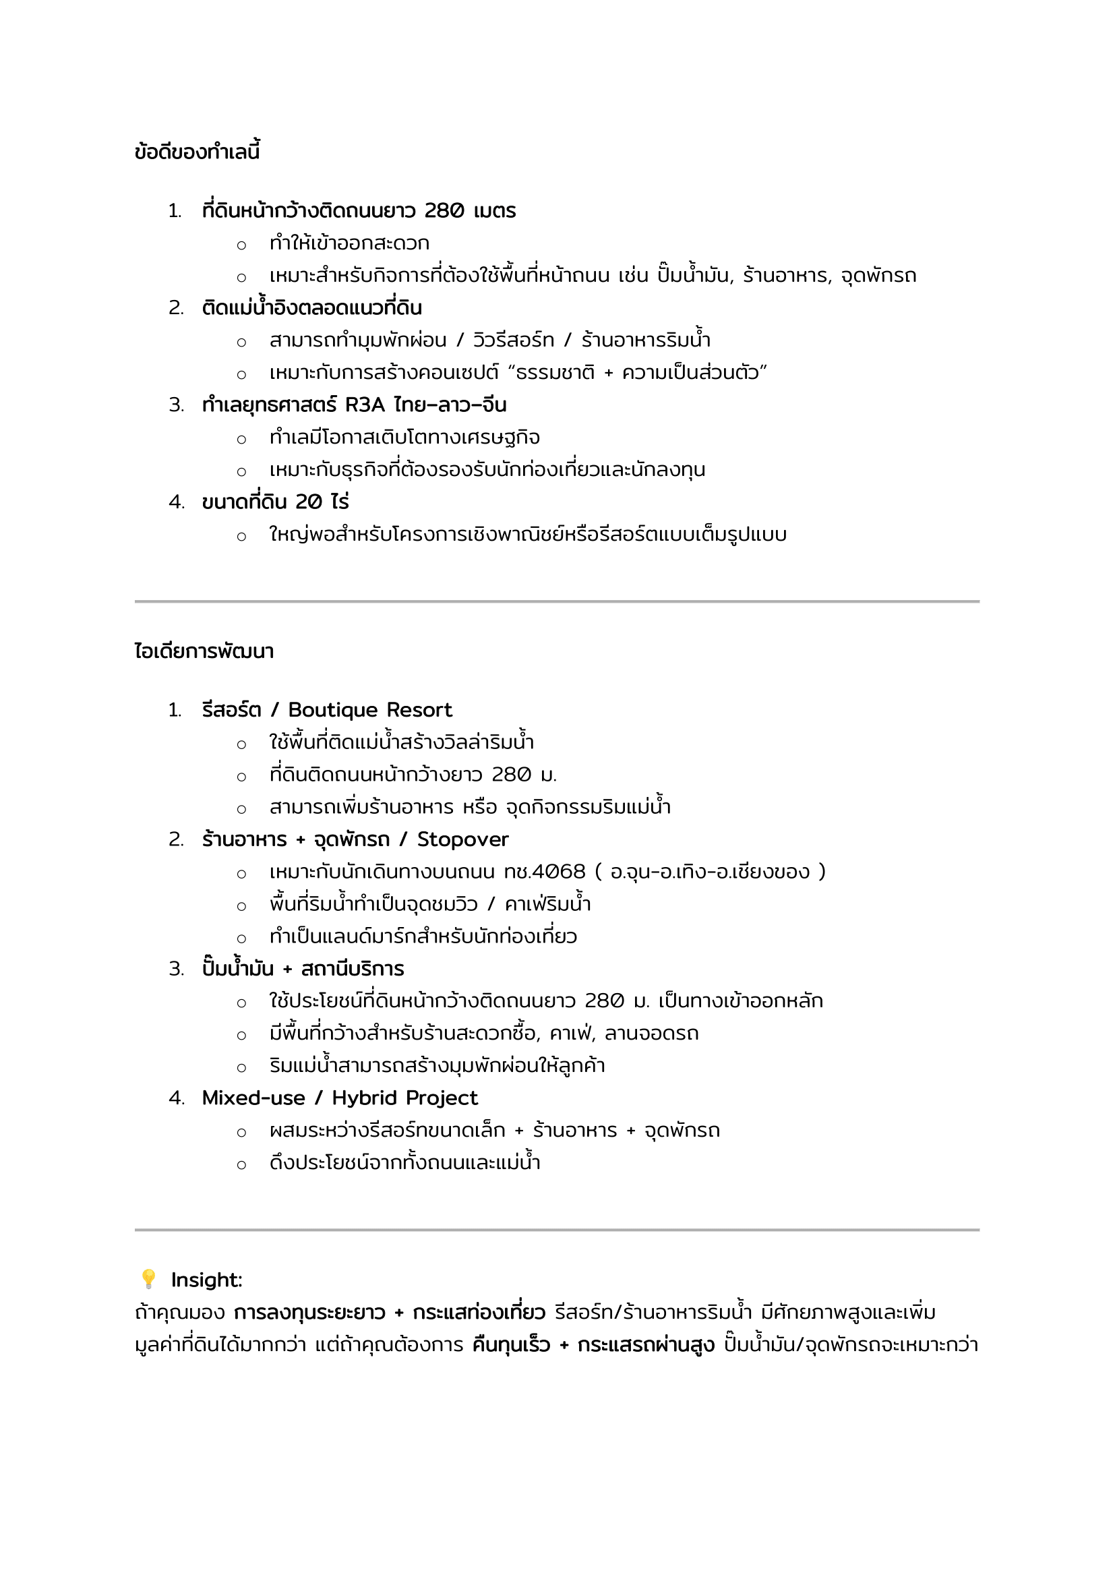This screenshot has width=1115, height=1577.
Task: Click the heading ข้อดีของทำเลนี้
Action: tap(197, 152)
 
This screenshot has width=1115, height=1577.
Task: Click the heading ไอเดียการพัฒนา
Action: tap(204, 651)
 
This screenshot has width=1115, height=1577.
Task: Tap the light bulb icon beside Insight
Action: tap(148, 1279)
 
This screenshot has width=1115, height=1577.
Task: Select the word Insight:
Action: tap(207, 1280)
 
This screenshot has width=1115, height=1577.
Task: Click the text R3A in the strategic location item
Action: tap(365, 405)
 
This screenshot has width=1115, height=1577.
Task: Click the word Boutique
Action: tap(333, 709)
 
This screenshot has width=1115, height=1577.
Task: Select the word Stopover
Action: tap(462, 839)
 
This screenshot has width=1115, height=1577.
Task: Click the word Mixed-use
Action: tap(253, 1098)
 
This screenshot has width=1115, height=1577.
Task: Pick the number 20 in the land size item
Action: tap(309, 502)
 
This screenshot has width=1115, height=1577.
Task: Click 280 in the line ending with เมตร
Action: tap(444, 211)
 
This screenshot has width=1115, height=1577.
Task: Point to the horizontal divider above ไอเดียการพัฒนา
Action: tap(557, 601)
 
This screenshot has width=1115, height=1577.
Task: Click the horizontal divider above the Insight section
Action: tap(557, 1230)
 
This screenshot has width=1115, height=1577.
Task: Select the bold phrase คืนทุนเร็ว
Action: tap(512, 1345)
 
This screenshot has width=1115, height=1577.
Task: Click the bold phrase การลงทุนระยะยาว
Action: tap(309, 1313)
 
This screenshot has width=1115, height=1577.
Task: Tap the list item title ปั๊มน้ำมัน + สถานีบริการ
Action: tap(303, 968)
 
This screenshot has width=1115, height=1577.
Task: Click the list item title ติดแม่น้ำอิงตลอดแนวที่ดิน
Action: tap(311, 307)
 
